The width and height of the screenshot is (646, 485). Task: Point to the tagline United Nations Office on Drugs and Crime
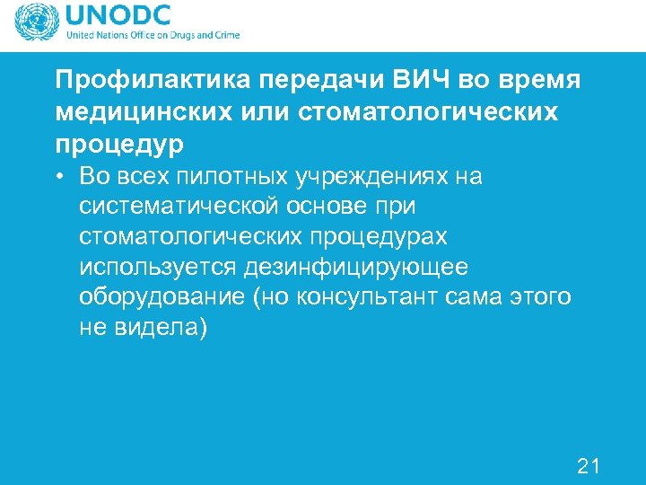point(153,36)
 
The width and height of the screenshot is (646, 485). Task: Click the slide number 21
point(588,465)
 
